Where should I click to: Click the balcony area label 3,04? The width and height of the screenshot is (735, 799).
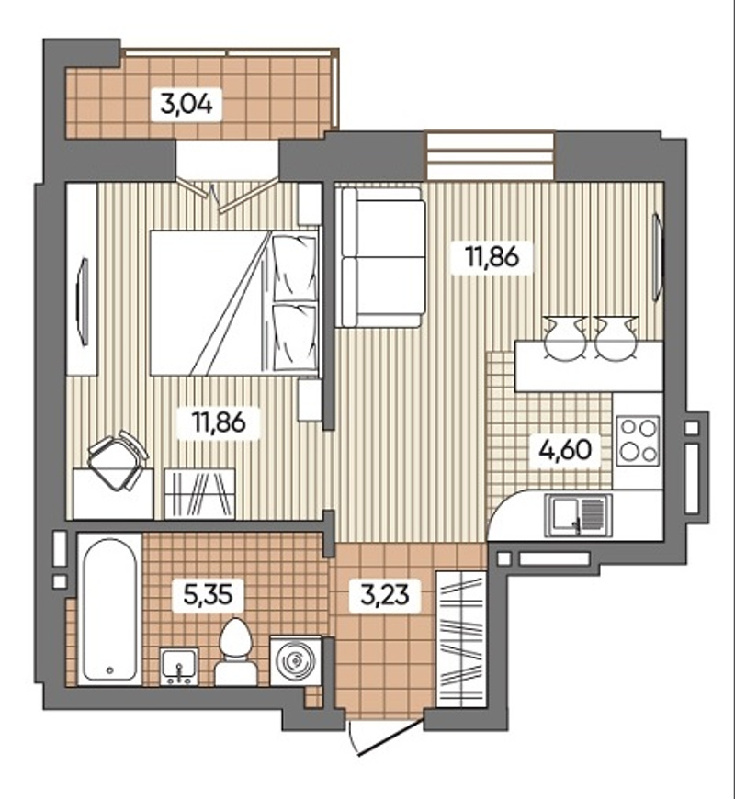(187, 105)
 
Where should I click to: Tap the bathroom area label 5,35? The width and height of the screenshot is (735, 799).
(208, 594)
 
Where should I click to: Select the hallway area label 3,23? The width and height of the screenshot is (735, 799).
(385, 593)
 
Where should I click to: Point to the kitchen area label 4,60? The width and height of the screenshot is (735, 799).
(566, 449)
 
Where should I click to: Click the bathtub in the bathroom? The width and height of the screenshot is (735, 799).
(109, 610)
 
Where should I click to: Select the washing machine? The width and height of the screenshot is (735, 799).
(296, 661)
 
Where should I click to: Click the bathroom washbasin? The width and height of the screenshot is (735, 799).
(179, 667)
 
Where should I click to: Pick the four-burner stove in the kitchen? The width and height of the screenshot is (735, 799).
(638, 440)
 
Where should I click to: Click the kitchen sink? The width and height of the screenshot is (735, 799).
(578, 515)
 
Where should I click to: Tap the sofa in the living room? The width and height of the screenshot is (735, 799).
(383, 257)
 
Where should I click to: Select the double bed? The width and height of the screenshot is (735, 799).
(234, 304)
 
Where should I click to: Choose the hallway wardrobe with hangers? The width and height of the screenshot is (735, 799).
(460, 639)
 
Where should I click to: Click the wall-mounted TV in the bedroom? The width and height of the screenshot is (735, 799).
(84, 303)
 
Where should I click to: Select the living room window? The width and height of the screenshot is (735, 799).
(490, 156)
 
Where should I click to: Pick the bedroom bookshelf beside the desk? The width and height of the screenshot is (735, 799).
(199, 494)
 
